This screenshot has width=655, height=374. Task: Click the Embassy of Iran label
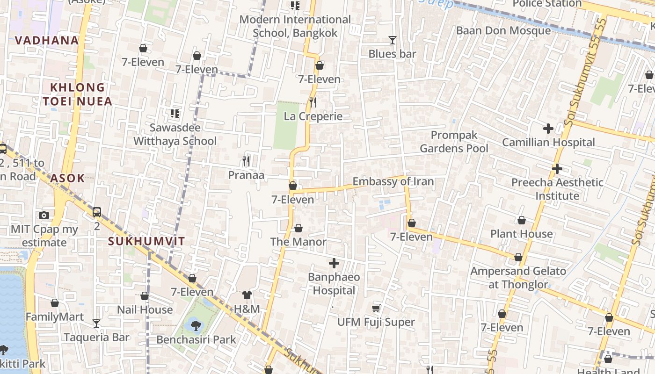(393, 181)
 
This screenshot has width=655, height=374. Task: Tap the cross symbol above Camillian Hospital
(548, 128)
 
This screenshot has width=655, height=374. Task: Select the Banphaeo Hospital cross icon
(334, 264)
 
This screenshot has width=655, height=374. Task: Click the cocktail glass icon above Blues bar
(392, 40)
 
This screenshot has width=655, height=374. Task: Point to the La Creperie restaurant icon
(313, 102)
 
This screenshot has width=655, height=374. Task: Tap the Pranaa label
(246, 175)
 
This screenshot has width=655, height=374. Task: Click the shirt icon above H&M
(247, 295)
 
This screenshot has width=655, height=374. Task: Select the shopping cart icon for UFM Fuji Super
(376, 308)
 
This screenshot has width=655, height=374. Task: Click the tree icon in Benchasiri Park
(196, 325)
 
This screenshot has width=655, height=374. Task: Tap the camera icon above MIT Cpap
(44, 215)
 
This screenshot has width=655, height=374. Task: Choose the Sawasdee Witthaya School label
(175, 134)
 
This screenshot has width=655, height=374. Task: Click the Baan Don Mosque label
(503, 30)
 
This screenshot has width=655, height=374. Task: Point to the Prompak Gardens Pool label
(454, 142)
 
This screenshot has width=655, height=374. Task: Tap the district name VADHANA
(47, 40)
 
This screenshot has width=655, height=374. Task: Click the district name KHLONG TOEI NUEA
(78, 94)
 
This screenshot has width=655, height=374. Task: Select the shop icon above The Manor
(298, 228)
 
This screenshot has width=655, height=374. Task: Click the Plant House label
(521, 234)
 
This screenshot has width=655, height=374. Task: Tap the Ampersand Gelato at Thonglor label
(518, 278)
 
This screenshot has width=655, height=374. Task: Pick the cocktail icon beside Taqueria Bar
(96, 323)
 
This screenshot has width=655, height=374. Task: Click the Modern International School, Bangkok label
(295, 26)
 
